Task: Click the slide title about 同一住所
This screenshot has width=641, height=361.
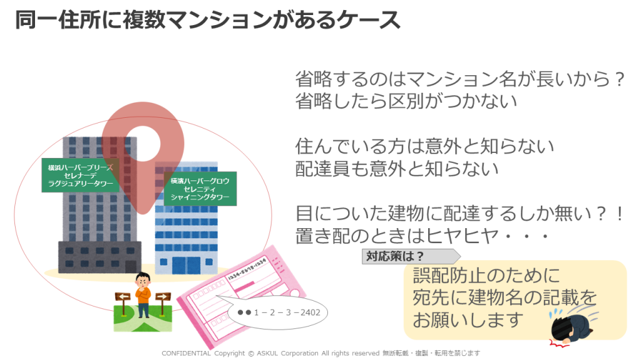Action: tap(207, 20)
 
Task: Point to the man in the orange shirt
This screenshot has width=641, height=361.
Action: tap(143, 295)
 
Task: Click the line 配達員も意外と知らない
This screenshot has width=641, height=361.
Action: tap(397, 169)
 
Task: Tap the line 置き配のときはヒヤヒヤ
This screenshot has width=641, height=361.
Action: tap(422, 236)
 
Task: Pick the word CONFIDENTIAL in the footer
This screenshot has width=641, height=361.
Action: tap(187, 353)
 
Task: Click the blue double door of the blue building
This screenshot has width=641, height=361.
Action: tap(187, 266)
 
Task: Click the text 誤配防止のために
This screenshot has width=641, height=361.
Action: tap(485, 276)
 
